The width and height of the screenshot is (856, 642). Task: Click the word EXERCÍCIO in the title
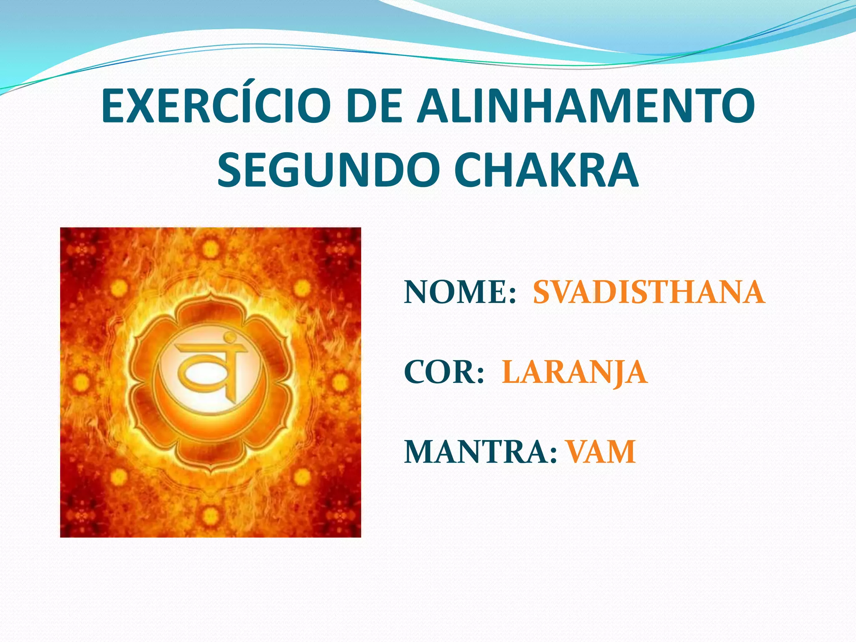click(216, 107)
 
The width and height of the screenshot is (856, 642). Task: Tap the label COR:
click(444, 372)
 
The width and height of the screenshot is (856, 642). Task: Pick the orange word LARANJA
click(574, 372)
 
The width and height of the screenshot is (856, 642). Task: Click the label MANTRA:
click(481, 452)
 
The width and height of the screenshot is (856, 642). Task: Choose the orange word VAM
click(601, 452)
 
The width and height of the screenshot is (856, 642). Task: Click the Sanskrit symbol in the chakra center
click(211, 368)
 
